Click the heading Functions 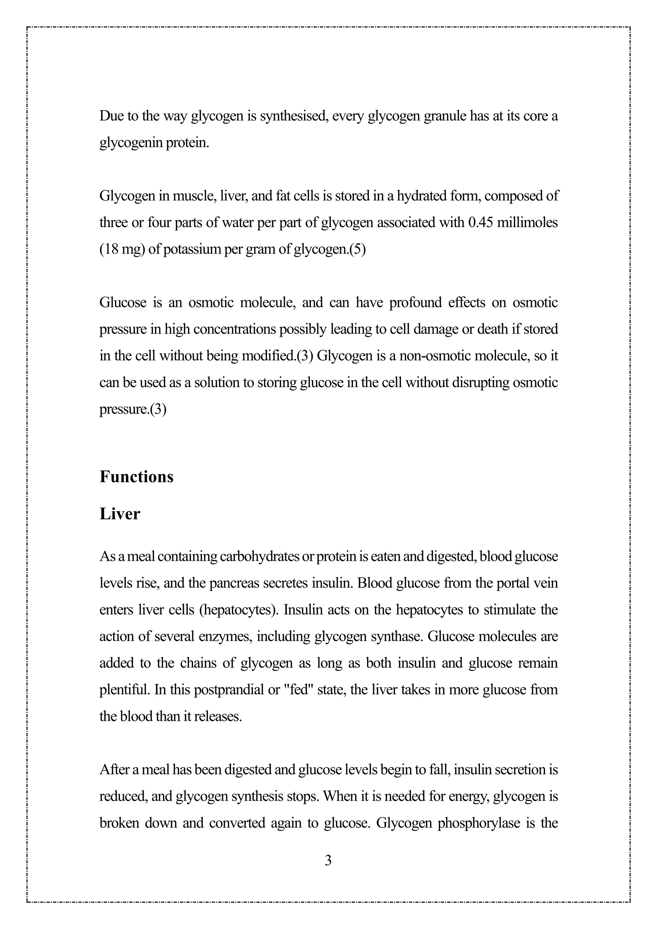(136, 477)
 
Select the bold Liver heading (120, 514)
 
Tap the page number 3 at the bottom (328, 861)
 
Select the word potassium (189, 249)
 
